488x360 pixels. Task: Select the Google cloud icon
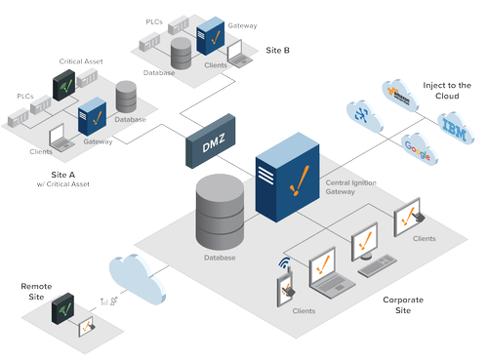[418, 146]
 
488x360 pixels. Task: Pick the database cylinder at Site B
[182, 53]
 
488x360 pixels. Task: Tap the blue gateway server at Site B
[211, 37]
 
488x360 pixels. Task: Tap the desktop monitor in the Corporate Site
[364, 240]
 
